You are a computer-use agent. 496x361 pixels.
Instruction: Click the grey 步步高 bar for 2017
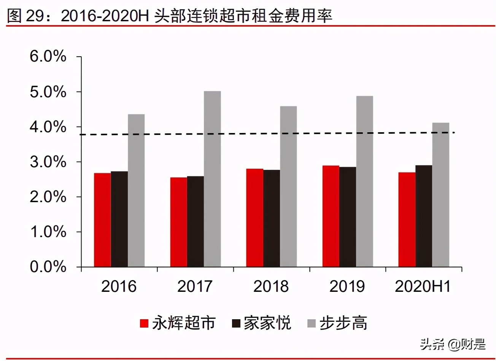(212, 179)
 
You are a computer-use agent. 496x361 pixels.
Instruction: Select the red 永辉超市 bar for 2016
(102, 220)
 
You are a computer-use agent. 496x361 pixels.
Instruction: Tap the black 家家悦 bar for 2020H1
(423, 216)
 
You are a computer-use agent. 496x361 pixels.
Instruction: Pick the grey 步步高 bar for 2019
(364, 181)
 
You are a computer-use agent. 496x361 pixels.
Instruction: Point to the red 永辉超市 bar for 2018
(254, 218)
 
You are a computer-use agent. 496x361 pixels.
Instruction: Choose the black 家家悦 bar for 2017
(195, 222)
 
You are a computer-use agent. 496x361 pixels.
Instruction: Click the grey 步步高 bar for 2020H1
(440, 195)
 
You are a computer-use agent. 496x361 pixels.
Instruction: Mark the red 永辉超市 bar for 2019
(331, 216)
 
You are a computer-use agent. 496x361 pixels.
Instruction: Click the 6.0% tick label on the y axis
(48, 57)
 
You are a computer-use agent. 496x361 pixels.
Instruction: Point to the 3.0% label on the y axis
(48, 162)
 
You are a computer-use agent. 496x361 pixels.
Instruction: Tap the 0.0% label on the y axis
(48, 267)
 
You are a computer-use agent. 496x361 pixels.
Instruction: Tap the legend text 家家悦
(267, 323)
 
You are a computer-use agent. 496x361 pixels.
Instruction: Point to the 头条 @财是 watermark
(453, 344)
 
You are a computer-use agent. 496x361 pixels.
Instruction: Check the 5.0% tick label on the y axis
(48, 92)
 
